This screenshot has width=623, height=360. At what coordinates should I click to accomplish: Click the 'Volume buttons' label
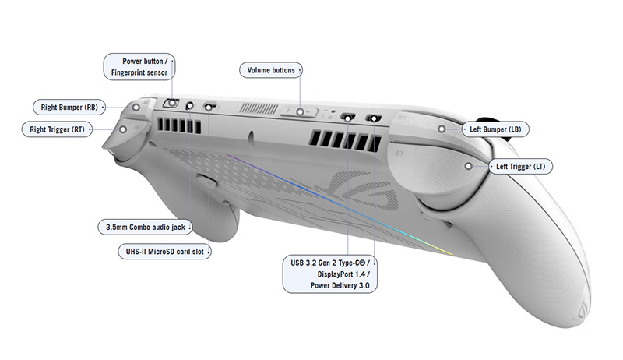271,70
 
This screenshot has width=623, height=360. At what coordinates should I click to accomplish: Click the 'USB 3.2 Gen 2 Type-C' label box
327,274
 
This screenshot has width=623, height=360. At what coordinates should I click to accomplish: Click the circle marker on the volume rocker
298,112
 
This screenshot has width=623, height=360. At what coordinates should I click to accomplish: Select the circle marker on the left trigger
468,166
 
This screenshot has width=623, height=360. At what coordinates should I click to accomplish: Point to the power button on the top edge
171,104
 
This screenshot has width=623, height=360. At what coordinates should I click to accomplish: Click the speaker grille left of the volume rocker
255,109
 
